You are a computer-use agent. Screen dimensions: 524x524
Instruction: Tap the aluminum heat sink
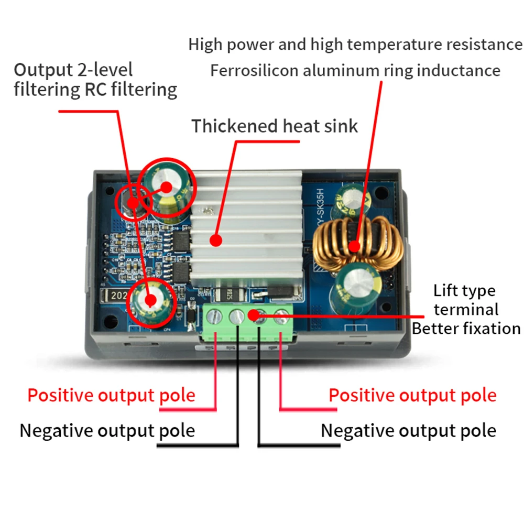(246, 231)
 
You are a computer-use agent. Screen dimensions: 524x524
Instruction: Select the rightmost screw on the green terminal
(282, 316)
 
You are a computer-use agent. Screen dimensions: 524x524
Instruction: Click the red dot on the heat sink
(215, 241)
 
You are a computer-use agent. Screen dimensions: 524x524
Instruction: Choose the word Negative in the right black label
(357, 431)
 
